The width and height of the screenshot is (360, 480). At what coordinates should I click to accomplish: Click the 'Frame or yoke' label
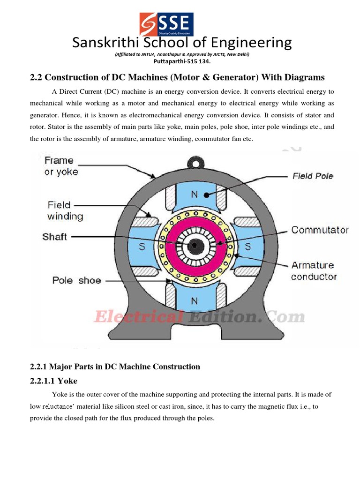[61, 166]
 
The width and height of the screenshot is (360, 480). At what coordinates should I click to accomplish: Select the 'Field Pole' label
[313, 176]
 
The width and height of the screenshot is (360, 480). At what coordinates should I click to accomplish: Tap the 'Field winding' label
[65, 210]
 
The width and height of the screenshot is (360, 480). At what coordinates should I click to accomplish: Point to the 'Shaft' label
[54, 237]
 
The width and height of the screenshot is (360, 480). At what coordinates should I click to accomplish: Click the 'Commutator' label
[320, 230]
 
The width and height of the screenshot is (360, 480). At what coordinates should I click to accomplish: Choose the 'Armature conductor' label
[314, 271]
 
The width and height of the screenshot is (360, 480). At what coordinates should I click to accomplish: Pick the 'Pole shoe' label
[76, 280]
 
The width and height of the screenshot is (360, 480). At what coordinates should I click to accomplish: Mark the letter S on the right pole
[248, 246]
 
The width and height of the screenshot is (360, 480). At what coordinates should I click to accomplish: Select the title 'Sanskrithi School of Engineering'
[182, 43]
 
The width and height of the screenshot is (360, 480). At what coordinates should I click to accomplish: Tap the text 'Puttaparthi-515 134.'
[182, 61]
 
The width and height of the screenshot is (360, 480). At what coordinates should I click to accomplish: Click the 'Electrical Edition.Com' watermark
[199, 317]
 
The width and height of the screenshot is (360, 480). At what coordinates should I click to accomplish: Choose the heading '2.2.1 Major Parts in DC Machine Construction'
[115, 367]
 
